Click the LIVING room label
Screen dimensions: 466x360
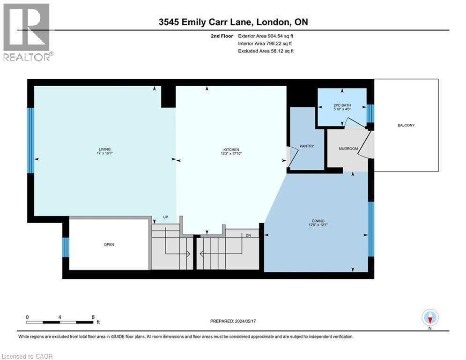pos(104,150)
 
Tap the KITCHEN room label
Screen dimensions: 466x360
pos(231,150)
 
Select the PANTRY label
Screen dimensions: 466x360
pos(307,146)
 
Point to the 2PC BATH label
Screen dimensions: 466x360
pos(342,105)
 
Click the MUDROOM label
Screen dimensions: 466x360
pos(348,149)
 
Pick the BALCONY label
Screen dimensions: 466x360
pos(406,125)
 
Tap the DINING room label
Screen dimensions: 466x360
pos(318,221)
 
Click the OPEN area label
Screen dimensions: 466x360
pos(109,245)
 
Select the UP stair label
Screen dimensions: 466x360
pos(165,217)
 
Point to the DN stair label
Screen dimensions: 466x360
pos(248,235)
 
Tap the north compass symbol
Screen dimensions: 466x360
pos(430,317)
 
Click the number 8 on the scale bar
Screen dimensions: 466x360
pos(93,317)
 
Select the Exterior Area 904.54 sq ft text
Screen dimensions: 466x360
pos(266,36)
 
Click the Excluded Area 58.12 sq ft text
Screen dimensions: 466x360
pos(266,51)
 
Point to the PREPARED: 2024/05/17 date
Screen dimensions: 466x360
pos(233,321)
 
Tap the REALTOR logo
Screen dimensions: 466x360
pos(28,32)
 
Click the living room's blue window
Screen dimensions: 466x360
pos(30,141)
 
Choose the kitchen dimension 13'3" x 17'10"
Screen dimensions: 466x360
pos(231,154)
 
